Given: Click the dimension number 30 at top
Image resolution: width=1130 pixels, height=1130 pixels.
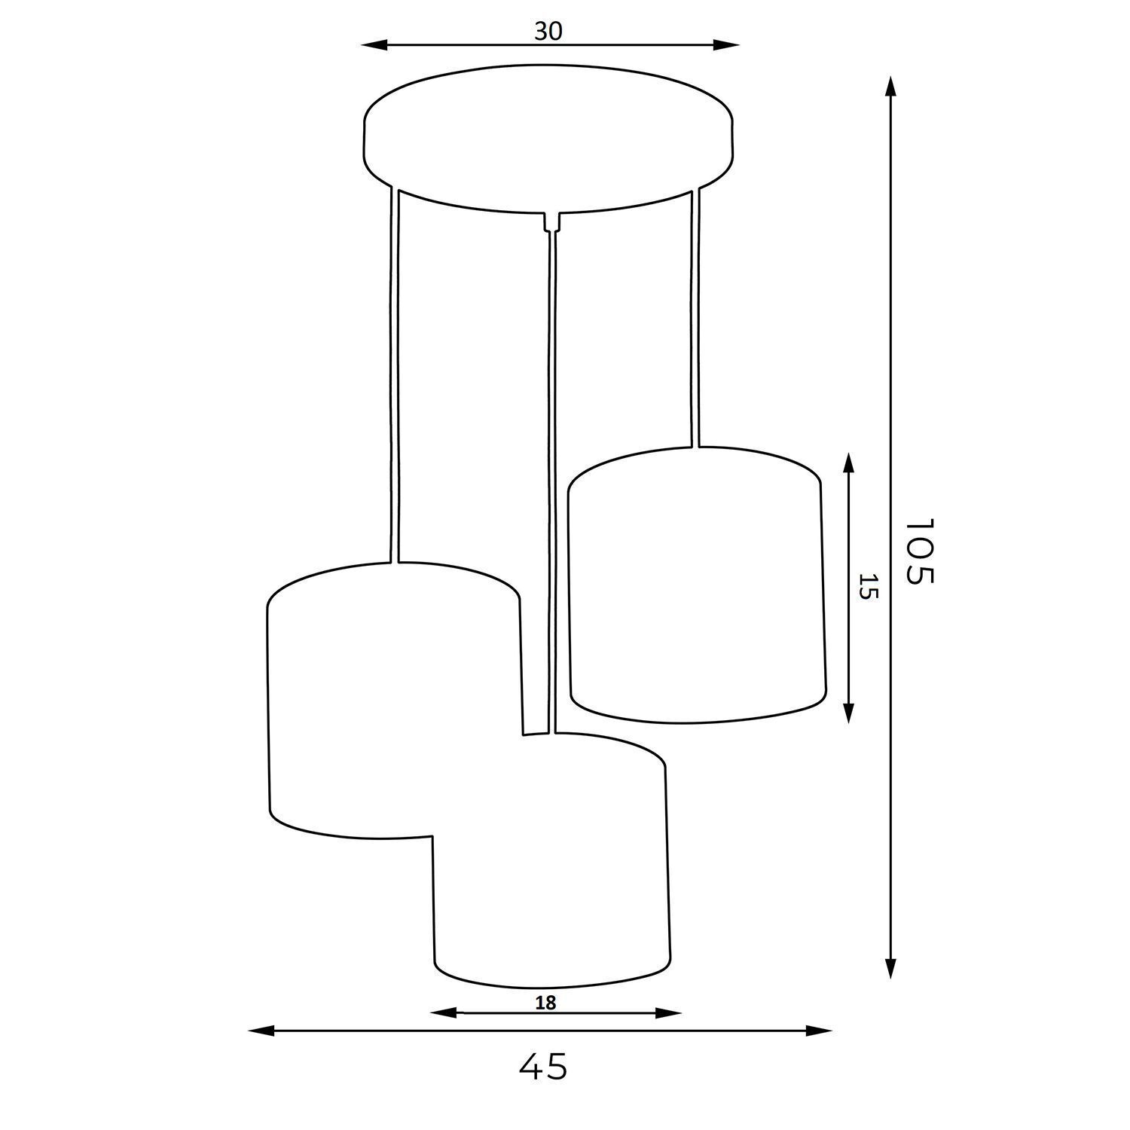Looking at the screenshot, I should tap(548, 31).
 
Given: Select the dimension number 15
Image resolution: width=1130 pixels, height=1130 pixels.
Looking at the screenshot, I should tap(869, 586).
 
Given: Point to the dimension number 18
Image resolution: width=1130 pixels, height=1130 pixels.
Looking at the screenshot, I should tap(545, 1003).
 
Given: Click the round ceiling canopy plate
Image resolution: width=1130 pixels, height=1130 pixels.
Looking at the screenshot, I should tap(548, 139).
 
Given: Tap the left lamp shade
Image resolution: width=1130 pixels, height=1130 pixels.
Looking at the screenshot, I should tap(377, 693).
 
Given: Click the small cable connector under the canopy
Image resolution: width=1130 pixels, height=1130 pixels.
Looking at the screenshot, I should tap(552, 221).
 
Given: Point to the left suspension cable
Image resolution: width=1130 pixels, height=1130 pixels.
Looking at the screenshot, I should tap(394, 377).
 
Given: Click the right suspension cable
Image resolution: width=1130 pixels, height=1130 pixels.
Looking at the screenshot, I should tap(695, 316).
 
